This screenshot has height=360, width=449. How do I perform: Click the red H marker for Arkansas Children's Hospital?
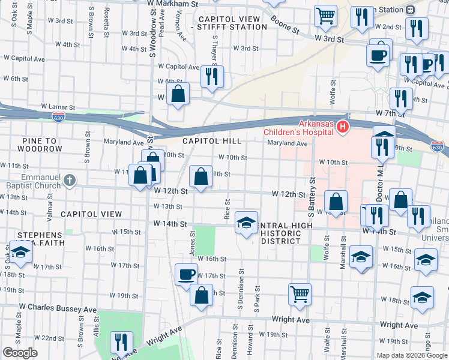click(x=342, y=127)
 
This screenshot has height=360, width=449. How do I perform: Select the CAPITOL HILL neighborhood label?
click(x=212, y=141)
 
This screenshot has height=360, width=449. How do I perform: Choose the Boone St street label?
click(x=284, y=28)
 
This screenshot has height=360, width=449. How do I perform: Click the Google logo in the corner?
click(x=20, y=353)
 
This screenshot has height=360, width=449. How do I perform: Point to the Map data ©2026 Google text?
click(x=412, y=355)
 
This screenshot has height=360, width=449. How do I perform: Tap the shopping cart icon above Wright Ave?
click(x=300, y=294)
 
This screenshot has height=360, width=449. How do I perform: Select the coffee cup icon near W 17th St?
click(x=186, y=275)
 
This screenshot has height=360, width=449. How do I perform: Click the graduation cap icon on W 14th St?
click(x=246, y=223)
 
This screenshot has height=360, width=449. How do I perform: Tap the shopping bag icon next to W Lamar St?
click(x=178, y=94)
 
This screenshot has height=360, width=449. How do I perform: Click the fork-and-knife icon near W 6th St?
click(x=212, y=76)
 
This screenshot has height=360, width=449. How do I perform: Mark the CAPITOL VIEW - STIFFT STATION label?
click(x=229, y=23)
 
